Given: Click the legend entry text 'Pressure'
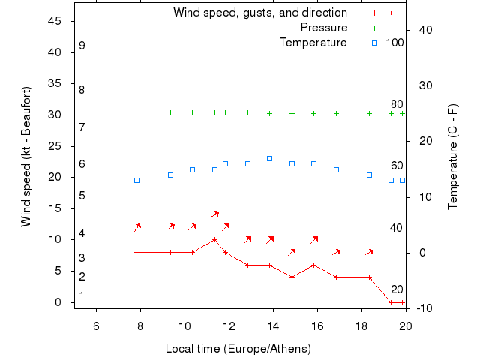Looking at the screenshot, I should tap(323, 28).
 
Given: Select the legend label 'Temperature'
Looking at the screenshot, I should tap(313, 43).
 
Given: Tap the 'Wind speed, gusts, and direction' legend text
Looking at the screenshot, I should tap(259, 13).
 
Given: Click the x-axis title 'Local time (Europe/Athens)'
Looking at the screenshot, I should tap(238, 349).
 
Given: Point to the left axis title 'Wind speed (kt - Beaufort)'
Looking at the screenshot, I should tap(26, 157).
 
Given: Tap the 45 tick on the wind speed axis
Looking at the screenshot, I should tap(54, 21).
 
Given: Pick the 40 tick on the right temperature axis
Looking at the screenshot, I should tap(421, 30).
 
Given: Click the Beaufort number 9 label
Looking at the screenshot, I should tap(82, 46).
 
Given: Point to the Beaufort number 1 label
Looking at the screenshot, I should tap(82, 295).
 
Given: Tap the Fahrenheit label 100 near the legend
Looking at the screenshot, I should tap(394, 43).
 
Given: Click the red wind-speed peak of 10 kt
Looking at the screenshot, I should tap(215, 240).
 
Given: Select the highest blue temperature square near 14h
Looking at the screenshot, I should tap(270, 158).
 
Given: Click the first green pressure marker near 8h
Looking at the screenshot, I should tap(136, 113).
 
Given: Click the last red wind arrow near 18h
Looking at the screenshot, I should tap(369, 252).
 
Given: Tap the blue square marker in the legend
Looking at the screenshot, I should tap(374, 43).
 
